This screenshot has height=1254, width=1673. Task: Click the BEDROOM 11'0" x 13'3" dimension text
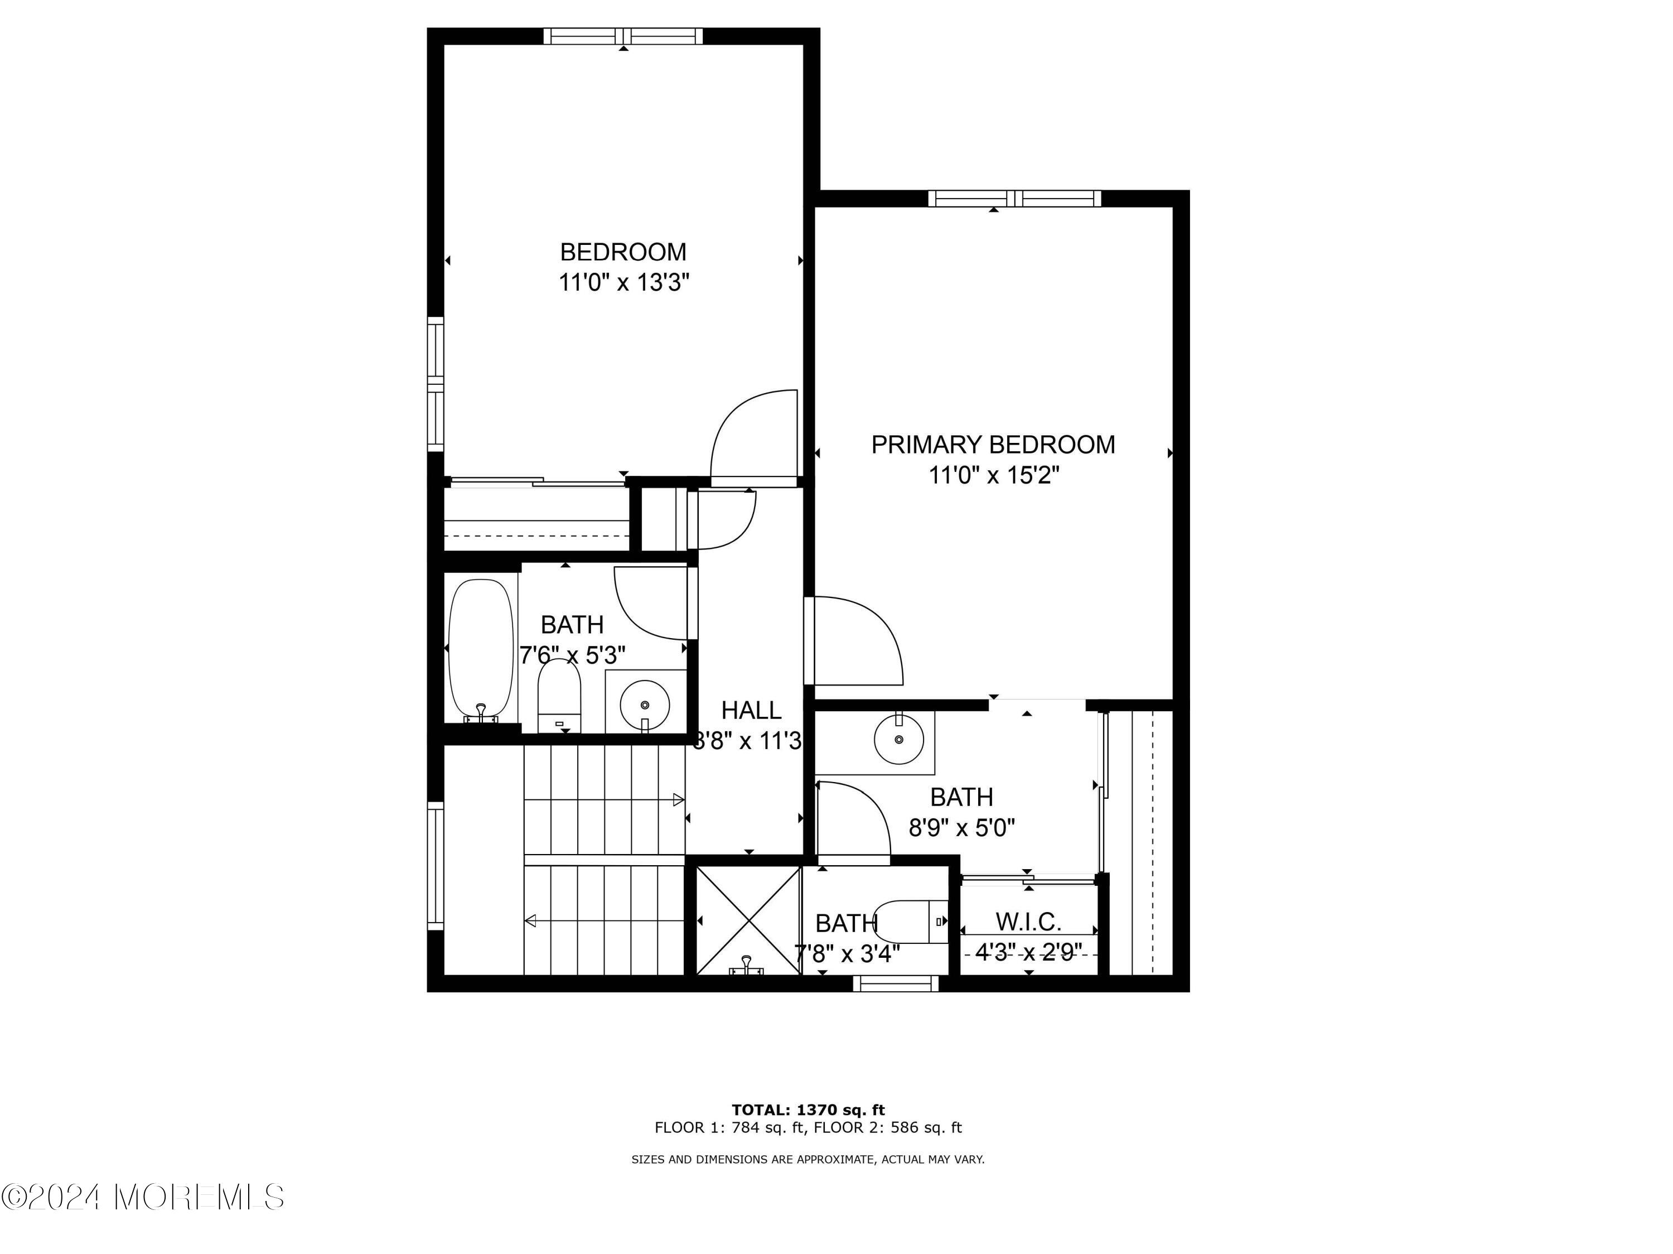point(624,283)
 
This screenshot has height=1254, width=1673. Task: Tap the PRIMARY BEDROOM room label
point(993,445)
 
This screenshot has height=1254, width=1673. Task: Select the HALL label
point(751,710)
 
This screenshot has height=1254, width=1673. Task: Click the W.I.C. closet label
point(1028,922)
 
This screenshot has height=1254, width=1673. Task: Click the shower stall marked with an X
point(748,920)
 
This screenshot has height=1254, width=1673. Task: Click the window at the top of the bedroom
point(623,36)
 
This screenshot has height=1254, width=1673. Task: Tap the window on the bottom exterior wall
point(896,983)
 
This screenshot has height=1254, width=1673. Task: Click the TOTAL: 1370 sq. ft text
point(808,1110)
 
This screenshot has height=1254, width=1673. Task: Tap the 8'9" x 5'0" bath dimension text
point(961,828)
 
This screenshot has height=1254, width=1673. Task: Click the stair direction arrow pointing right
point(605,799)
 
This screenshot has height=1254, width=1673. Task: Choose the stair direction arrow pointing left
point(605,920)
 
